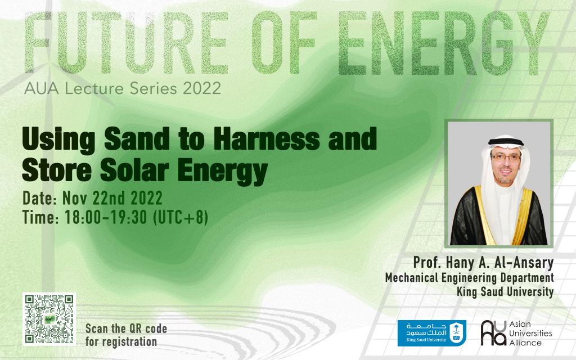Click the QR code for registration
pyautogui.click(x=49, y=319)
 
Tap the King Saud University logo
pyautogui.click(x=431, y=333)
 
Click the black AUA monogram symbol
pyautogui.click(x=493, y=333)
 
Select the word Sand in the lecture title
pyautogui.click(x=137, y=139)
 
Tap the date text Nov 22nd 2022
pyautogui.click(x=112, y=199)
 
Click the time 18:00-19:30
pyautogui.click(x=106, y=217)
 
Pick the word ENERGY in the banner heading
pyautogui.click(x=443, y=43)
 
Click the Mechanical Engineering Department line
pyautogui.click(x=470, y=278)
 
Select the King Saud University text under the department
pyautogui.click(x=505, y=292)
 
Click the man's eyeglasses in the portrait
pyautogui.click(x=506, y=157)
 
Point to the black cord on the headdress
pyautogui.click(x=506, y=142)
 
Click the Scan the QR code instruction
pyautogui.click(x=126, y=335)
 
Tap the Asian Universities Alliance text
pyautogui.click(x=530, y=333)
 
